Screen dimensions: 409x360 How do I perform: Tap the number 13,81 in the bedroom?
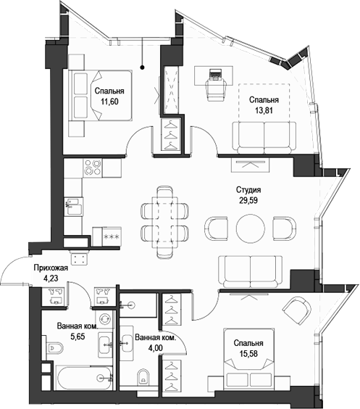tap(264, 110)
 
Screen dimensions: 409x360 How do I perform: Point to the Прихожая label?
tap(51, 268)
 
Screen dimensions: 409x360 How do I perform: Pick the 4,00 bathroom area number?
tap(154, 349)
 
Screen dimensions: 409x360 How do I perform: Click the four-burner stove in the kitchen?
tap(93, 169)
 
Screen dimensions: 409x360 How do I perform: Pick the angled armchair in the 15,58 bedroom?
tap(297, 310)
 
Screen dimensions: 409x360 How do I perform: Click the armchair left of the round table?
tap(217, 228)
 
